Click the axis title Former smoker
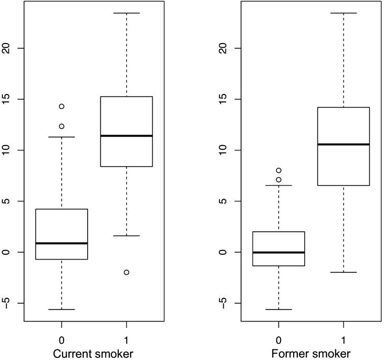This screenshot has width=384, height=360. tap(311, 353)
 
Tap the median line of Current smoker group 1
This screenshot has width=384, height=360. tap(126, 136)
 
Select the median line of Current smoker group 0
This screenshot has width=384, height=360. tap(61, 243)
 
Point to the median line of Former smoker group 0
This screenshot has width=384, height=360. tap(278, 252)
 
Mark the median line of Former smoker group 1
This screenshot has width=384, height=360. tap(344, 144)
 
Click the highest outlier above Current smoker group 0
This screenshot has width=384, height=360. tap(61, 106)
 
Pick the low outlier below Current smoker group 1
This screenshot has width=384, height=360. tap(127, 272)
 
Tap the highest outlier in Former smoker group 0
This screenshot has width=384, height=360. tap(278, 170)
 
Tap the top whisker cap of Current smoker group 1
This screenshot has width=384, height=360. tap(127, 13)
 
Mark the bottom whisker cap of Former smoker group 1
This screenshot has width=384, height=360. tap(344, 272)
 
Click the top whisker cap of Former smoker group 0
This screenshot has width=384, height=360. tap(278, 186)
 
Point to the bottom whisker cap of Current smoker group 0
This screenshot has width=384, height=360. tap(61, 310)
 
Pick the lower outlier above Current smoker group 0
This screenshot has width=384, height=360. tap(61, 126)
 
